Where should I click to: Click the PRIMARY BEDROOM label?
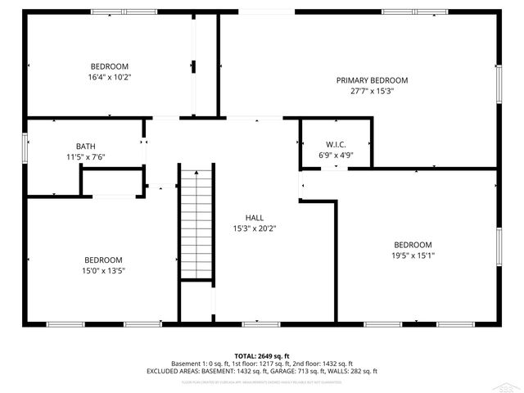pos(372,80)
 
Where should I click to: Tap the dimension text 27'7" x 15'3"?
pos(372,92)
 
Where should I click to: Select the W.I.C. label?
pos(336,144)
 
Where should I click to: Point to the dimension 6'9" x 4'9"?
pos(336,155)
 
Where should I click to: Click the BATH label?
pos(86,147)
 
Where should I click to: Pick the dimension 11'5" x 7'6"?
pos(86,157)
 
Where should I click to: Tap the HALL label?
pos(255,218)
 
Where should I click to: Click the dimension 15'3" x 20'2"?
pos(255,228)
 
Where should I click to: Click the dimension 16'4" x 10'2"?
pos(109,77)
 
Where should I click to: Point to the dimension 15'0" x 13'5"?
pos(103,270)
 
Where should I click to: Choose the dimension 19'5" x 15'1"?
pos(413,255)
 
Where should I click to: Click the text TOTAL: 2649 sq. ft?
pos(262,356)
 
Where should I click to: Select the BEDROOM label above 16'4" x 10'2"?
pos(109,66)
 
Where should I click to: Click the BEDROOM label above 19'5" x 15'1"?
pos(413,245)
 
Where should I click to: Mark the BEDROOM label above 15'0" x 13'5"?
pos(103,260)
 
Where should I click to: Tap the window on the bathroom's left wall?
pos(25,146)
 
